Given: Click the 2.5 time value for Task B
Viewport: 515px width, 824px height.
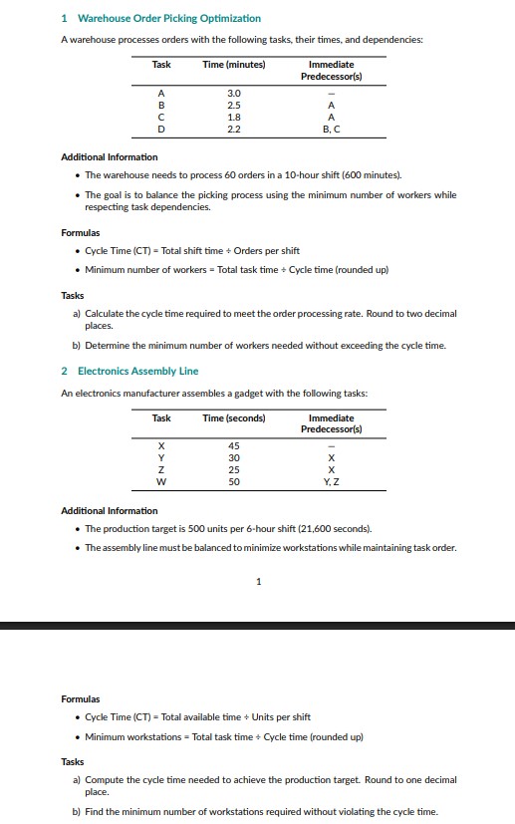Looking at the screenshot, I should point(233,105).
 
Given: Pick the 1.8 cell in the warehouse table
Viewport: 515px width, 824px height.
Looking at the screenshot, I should point(233,117).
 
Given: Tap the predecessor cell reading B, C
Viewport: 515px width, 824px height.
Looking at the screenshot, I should point(331,129).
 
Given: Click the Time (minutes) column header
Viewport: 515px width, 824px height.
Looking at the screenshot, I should point(233,65).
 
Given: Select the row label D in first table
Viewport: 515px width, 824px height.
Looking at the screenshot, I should point(160,129).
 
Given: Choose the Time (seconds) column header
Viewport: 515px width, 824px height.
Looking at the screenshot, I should point(233,417).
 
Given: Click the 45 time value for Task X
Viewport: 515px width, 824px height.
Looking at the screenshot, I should point(233,445).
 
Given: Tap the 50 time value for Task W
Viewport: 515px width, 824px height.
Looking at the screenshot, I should point(233,481).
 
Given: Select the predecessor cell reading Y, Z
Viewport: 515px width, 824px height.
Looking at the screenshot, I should point(331,481).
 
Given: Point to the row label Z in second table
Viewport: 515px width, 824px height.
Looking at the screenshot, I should point(160,469).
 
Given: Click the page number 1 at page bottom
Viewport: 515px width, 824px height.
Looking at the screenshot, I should point(258,582).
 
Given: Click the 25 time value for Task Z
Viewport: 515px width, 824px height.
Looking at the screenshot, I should point(233,469).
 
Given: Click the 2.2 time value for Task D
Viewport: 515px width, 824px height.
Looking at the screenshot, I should point(233,129).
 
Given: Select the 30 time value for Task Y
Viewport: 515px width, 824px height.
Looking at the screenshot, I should point(233,457).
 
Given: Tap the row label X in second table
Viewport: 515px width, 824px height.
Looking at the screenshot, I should point(160,445).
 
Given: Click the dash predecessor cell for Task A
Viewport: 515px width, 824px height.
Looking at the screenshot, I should point(331,93).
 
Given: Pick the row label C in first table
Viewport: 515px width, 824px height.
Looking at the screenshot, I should point(160,117).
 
